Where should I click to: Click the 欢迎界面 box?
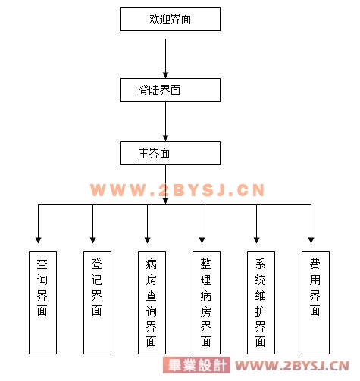point(170,19)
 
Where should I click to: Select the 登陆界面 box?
point(170,90)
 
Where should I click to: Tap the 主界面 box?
point(170,153)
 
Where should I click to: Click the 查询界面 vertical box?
point(42,303)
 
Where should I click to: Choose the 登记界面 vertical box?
point(97,303)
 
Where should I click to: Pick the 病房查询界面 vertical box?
point(152,303)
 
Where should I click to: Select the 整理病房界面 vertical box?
point(206,303)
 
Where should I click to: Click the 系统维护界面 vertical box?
point(261,303)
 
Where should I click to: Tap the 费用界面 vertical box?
point(315,303)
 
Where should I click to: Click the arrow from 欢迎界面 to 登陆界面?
point(165,58)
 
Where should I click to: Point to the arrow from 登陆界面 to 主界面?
point(165,121)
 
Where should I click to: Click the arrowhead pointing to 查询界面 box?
point(38,240)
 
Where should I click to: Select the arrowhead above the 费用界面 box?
point(311,240)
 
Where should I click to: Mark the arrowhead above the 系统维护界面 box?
point(256,240)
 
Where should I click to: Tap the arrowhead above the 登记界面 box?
point(92,240)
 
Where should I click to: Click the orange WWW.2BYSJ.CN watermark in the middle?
point(177,190)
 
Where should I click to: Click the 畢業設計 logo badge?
point(196,365)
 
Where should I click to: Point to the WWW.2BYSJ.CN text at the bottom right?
point(292,366)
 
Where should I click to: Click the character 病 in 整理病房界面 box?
point(206,295)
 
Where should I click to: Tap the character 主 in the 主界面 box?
point(143,153)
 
